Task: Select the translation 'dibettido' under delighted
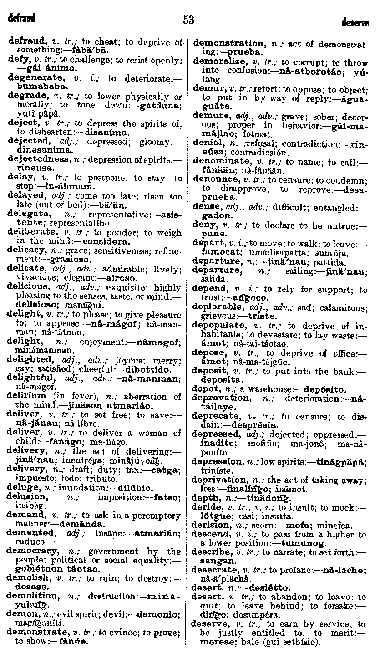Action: [150, 369]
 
